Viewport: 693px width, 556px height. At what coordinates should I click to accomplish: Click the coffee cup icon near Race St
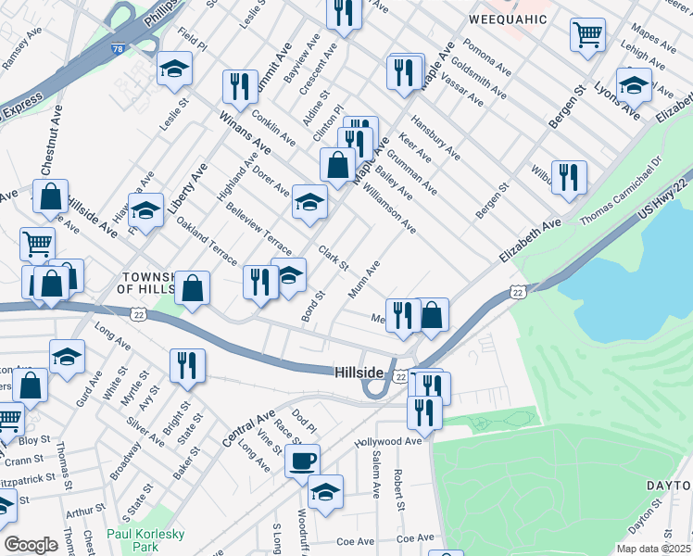click(302, 461)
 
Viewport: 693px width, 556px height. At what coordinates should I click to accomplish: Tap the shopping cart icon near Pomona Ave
click(588, 36)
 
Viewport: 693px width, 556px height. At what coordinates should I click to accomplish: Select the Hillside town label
click(359, 372)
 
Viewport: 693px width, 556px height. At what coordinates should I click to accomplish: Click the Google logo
click(31, 545)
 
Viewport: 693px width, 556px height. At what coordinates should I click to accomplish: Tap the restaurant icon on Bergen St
click(569, 177)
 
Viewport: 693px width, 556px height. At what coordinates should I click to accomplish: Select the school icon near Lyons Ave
click(634, 86)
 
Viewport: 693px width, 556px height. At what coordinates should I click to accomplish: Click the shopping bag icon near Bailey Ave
click(337, 166)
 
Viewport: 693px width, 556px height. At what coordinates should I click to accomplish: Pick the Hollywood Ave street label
click(388, 442)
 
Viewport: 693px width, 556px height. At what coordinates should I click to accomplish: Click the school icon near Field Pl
click(174, 69)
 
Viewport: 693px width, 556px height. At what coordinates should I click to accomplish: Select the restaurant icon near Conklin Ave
click(240, 86)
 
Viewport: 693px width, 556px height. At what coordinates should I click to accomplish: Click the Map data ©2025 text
click(653, 549)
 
